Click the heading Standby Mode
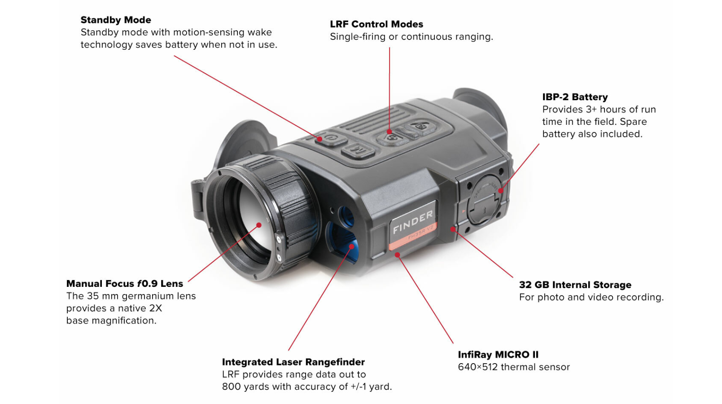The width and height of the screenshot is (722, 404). (116, 20)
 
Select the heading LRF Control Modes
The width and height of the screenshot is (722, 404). (376, 24)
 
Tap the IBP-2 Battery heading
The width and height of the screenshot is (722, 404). (575, 97)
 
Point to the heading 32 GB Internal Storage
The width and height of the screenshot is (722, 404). (575, 285)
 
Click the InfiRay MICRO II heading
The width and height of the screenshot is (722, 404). (498, 355)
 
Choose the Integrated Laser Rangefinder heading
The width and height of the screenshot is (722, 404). (293, 362)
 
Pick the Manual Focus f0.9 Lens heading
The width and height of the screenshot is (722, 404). (124, 284)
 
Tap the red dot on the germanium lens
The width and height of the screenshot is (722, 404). (259, 225)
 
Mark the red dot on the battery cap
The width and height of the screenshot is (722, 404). (501, 191)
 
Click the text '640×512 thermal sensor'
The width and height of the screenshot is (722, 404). (514, 367)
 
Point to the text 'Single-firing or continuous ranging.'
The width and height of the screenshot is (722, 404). (411, 37)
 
